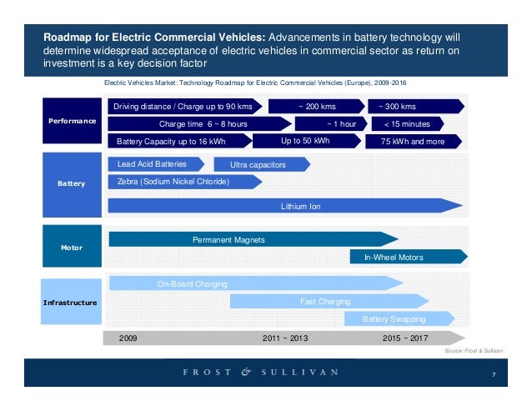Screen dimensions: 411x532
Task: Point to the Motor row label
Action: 72,248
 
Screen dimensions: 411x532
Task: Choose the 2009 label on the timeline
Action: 128,338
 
